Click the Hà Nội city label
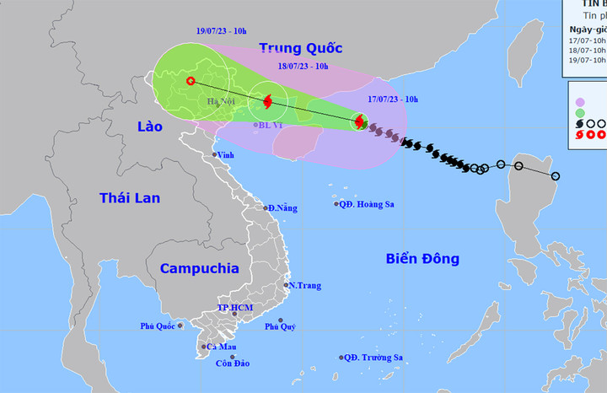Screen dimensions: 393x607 pyautogui.click(x=221, y=103)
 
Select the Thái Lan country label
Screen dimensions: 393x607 pyautogui.click(x=128, y=198)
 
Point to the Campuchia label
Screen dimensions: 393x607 pyautogui.click(x=199, y=268)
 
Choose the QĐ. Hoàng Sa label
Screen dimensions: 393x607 pyautogui.click(x=368, y=204)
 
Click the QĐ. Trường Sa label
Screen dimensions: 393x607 pyautogui.click(x=373, y=358)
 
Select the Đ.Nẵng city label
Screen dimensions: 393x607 pyautogui.click(x=282, y=207)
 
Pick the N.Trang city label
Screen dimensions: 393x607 pyautogui.click(x=304, y=286)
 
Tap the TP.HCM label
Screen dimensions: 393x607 pyautogui.click(x=236, y=308)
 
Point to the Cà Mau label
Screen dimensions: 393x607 pyautogui.click(x=220, y=347)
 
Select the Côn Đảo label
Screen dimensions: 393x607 pyautogui.click(x=230, y=363)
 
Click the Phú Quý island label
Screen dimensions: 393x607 pyautogui.click(x=280, y=326)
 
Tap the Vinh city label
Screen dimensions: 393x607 pyautogui.click(x=225, y=155)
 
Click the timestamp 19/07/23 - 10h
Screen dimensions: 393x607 pyautogui.click(x=221, y=31)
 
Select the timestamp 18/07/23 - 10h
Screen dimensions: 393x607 pyautogui.click(x=304, y=63)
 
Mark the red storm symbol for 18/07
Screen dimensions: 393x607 pyautogui.click(x=267, y=103)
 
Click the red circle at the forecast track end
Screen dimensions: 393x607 pyautogui.click(x=191, y=81)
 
